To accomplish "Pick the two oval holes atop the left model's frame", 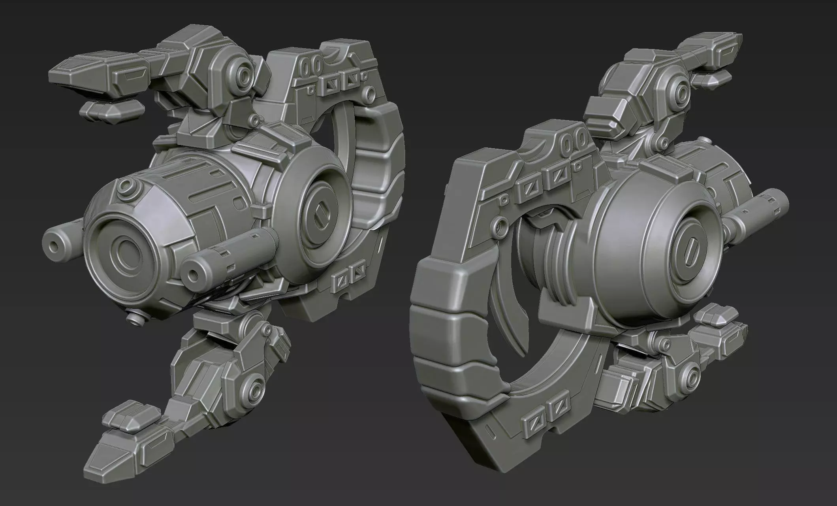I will click(x=311, y=65).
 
